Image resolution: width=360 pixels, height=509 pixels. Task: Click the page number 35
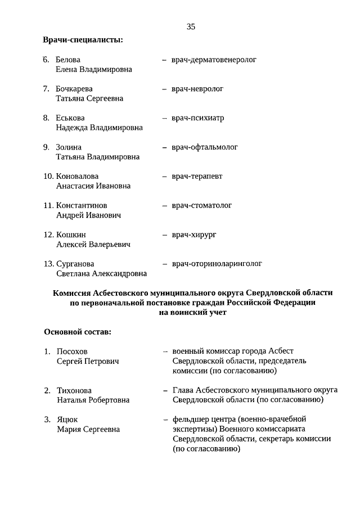click(191, 26)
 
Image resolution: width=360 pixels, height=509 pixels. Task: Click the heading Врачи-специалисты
click(83, 40)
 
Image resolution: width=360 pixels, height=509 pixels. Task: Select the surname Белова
click(68, 60)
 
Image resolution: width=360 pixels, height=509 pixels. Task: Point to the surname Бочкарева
click(74, 89)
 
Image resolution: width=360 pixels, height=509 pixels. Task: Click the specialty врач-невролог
click(197, 89)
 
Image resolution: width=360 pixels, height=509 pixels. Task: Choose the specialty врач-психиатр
click(198, 118)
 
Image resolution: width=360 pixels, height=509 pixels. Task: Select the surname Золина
click(69, 147)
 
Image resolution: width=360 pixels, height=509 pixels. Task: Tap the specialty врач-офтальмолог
click(205, 147)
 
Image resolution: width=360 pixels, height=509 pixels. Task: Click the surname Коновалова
click(79, 177)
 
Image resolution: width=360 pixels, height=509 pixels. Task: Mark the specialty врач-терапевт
click(197, 177)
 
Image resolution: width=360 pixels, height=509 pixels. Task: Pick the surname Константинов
click(82, 206)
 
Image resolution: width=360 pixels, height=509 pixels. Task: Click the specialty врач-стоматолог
click(202, 206)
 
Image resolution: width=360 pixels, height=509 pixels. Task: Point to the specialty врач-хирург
click(194, 235)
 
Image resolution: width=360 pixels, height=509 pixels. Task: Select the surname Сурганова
click(75, 264)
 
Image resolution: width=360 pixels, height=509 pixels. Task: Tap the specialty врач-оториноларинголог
click(217, 264)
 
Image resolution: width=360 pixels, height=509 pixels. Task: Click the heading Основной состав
click(78, 331)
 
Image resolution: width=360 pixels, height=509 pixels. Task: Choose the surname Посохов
click(72, 352)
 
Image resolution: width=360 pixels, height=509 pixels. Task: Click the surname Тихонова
click(74, 390)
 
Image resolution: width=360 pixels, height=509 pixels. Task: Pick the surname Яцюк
click(67, 420)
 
